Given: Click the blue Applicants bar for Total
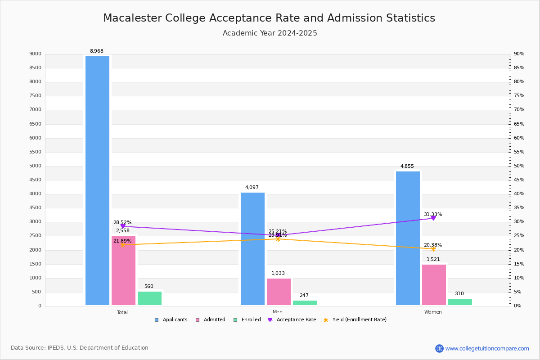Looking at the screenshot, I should [97, 180].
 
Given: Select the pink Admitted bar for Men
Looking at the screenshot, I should [279, 292].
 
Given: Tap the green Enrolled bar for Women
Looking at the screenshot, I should [460, 302].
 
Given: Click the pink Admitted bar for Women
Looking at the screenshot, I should [434, 284].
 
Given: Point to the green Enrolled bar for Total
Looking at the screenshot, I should [149, 298].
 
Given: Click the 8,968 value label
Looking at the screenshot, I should [97, 51].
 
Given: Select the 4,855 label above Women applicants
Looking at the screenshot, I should [407, 166].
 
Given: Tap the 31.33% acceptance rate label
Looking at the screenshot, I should [433, 215].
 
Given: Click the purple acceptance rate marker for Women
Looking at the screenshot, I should [433, 218].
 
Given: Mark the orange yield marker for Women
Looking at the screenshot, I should [433, 249].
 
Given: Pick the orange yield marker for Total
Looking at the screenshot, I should [122, 245].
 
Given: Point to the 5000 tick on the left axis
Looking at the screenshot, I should [36, 166].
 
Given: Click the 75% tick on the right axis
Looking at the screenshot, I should [519, 96].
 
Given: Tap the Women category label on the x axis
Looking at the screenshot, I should [433, 312].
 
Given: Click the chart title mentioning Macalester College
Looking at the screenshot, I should [269, 18].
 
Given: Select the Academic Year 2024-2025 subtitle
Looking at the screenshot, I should [270, 33].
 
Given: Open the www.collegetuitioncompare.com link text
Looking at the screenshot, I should [487, 348].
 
